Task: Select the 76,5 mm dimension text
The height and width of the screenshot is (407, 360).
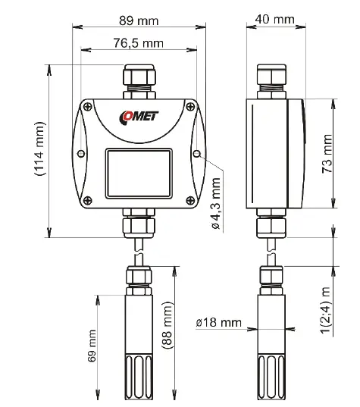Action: tap(138, 43)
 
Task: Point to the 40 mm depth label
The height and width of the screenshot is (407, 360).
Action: tap(274, 18)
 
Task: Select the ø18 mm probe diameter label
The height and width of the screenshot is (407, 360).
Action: tap(218, 323)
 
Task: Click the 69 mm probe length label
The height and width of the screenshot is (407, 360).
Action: tap(92, 346)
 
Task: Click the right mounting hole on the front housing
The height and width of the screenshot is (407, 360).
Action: tap(196, 153)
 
